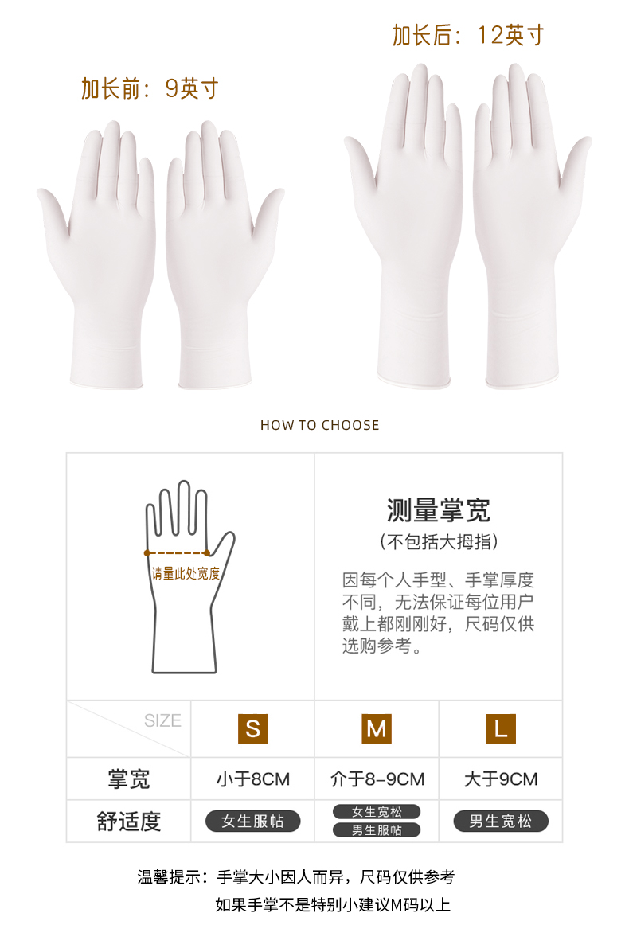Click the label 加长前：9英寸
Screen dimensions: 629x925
tap(150, 88)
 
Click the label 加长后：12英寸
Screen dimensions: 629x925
tap(468, 35)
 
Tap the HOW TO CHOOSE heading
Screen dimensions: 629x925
tap(320, 425)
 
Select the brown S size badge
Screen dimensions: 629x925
tap(252, 728)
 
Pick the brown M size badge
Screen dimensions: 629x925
tap(377, 728)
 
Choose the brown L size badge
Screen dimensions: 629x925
tap(500, 728)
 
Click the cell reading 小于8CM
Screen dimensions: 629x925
tap(253, 779)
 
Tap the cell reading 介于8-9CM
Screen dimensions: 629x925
tap(377, 779)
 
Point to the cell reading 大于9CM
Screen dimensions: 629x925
tap(500, 779)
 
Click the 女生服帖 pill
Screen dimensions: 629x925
tap(252, 822)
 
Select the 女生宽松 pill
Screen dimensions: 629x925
tap(377, 812)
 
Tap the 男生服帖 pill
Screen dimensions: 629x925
tap(377, 830)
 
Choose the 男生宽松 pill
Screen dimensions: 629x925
tap(500, 822)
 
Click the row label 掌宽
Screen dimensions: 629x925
tap(129, 779)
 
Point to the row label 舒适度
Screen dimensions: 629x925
tap(129, 822)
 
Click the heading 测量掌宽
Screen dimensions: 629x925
tap(439, 510)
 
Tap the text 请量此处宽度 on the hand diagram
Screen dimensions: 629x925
tap(186, 573)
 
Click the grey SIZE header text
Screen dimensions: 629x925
tap(162, 720)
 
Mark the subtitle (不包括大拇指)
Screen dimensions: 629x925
tap(439, 541)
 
